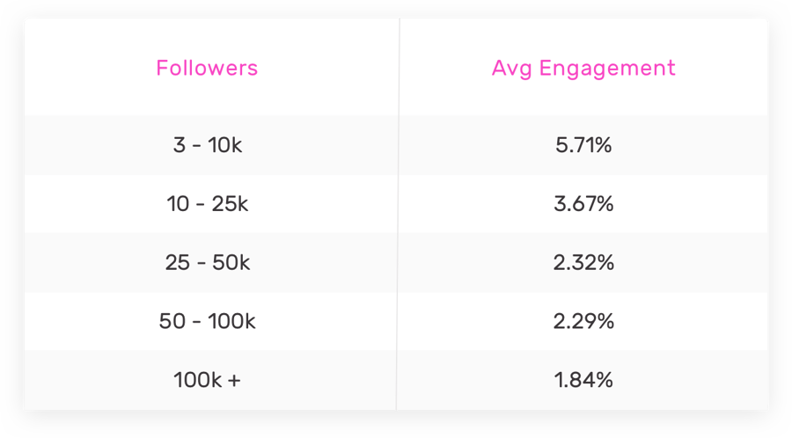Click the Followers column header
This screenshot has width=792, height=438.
[x=207, y=68]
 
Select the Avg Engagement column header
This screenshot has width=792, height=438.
[x=583, y=68]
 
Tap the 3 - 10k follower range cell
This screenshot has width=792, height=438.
[x=208, y=145]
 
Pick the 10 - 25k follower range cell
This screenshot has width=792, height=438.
[x=208, y=204]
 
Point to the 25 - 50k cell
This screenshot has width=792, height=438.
[x=208, y=263]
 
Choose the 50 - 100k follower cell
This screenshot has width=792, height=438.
[x=208, y=322]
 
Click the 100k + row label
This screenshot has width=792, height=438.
[x=208, y=381]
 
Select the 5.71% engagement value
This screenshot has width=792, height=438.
[x=583, y=145]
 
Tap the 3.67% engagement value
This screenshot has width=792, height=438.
[x=583, y=204]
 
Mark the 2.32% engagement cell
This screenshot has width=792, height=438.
[x=583, y=263]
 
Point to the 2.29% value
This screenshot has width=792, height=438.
[x=583, y=322]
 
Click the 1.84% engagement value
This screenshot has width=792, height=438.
[x=583, y=381]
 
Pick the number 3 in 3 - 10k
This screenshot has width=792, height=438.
[x=179, y=145]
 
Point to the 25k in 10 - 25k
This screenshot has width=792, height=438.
[x=230, y=204]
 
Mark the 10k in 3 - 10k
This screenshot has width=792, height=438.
[x=225, y=145]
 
